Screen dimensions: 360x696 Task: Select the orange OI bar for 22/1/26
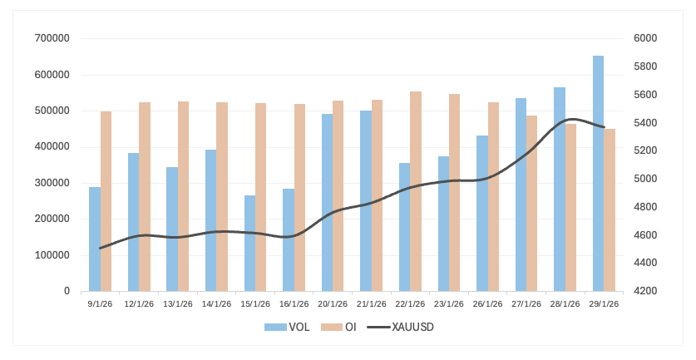[x=416, y=191]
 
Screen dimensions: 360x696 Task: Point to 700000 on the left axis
[x=52, y=38]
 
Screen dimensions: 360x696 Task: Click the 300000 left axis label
[x=52, y=183]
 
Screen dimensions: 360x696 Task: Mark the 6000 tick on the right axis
[x=646, y=38]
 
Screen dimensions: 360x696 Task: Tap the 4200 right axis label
[x=646, y=291]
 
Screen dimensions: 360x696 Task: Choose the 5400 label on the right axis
[x=646, y=123]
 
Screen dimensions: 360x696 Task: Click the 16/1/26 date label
[x=294, y=303]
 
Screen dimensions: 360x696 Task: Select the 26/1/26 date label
[x=487, y=303]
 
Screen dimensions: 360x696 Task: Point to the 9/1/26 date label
[x=100, y=303]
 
